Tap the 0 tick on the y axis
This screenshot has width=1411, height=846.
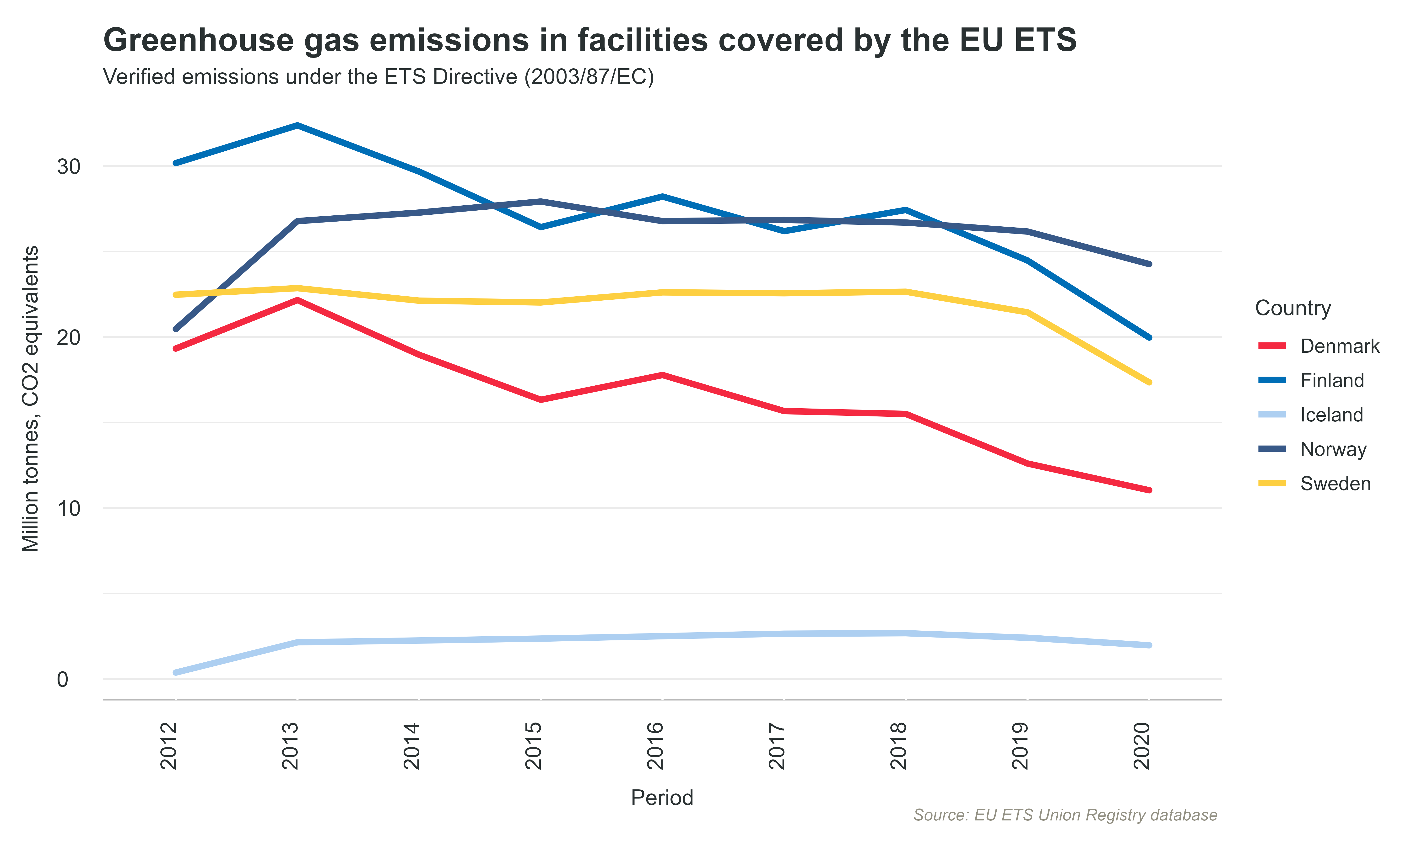63,679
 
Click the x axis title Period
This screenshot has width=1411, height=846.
662,798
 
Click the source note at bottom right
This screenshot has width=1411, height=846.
1065,815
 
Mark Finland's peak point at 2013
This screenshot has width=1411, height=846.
297,125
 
